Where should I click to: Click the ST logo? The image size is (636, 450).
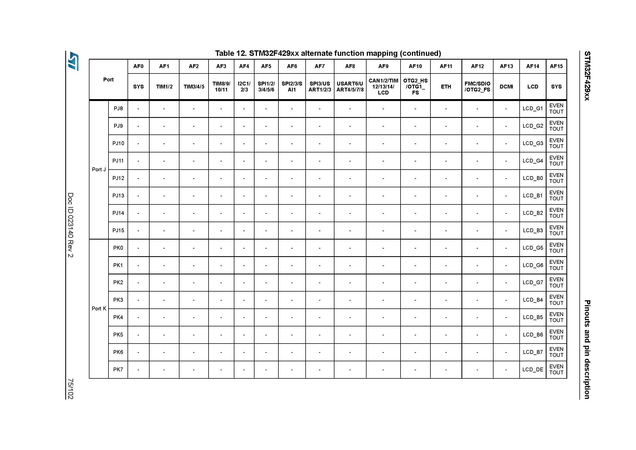click(74, 61)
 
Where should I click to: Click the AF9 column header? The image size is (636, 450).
click(383, 66)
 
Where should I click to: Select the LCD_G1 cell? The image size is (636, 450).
click(532, 108)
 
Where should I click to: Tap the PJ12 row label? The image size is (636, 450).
click(118, 178)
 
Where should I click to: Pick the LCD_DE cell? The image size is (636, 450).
click(532, 369)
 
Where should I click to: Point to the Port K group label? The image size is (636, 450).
click(99, 309)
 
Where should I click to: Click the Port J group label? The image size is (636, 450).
click(99, 169)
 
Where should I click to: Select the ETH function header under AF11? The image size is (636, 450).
click(446, 87)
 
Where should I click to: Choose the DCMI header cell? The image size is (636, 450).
click(506, 87)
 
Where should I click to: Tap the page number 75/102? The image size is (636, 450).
click(71, 389)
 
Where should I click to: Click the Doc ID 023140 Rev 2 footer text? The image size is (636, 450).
click(71, 225)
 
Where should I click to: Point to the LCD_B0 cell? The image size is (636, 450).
click(532, 178)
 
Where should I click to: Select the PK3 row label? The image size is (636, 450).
click(118, 300)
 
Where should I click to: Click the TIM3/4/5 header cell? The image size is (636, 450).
click(194, 87)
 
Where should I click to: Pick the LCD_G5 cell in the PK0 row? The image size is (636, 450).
click(532, 248)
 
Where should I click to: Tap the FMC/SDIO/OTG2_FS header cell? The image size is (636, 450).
click(477, 87)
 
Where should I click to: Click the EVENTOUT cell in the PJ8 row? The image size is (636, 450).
click(556, 108)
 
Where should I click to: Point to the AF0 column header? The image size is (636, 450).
click(138, 66)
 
